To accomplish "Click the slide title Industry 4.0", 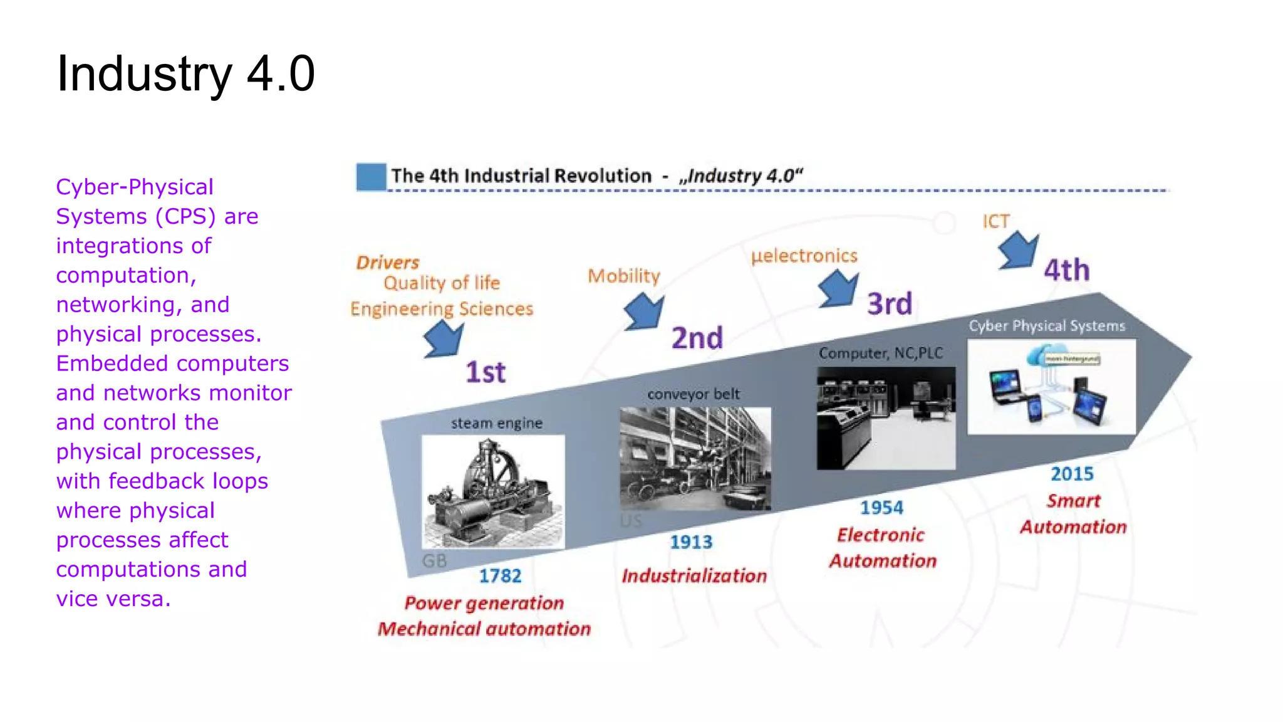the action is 185,74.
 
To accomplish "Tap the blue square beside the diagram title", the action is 371,177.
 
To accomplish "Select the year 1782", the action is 500,575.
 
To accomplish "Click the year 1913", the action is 691,541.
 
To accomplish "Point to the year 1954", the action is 881,508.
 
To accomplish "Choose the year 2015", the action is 1072,474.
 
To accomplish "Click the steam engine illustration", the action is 493,491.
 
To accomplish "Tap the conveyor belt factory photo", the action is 695,458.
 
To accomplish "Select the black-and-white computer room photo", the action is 886,418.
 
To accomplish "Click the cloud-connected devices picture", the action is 1051,387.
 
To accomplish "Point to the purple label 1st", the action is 486,372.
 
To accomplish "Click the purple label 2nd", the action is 697,338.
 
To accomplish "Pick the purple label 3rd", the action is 890,304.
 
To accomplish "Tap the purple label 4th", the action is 1066,270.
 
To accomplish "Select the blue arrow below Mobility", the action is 644,311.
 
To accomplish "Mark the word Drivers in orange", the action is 388,263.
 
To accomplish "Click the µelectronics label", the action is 804,256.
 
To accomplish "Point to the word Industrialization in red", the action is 694,575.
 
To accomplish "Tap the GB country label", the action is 434,560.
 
